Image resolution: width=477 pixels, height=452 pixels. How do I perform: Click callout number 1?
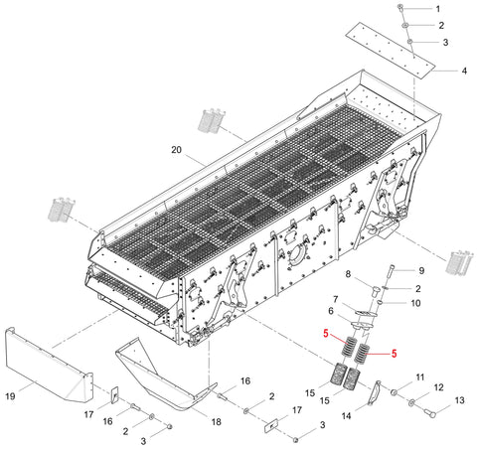(438, 9)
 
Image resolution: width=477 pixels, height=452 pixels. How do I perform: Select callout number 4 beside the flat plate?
(464, 71)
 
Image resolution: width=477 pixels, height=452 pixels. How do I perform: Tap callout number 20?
(176, 150)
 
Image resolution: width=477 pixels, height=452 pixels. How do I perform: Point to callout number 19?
(10, 396)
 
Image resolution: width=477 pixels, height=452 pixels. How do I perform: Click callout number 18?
(216, 422)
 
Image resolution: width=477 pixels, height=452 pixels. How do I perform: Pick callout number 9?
(421, 271)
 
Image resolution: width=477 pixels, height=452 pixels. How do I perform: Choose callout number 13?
(459, 400)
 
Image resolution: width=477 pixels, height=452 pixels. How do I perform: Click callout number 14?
(346, 415)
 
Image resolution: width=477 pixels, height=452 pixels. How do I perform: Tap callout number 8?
(348, 274)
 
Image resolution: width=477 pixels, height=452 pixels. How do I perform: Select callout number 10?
(415, 303)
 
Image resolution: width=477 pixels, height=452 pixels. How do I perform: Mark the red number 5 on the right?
(394, 354)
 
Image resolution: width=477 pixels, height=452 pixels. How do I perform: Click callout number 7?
(335, 300)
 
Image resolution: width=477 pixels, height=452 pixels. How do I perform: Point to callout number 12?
(438, 387)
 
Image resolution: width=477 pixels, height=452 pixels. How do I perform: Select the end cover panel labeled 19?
(49, 365)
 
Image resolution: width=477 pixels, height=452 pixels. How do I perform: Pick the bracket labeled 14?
(374, 393)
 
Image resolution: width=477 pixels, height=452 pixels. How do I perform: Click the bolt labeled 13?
(430, 412)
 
